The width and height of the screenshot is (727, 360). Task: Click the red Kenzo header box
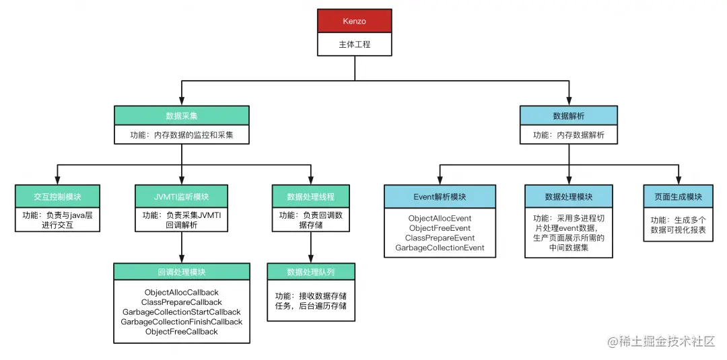(354, 21)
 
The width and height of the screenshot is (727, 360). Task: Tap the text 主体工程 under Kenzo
(354, 44)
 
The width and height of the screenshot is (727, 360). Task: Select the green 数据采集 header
(181, 116)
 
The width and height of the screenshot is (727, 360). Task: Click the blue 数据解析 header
(569, 116)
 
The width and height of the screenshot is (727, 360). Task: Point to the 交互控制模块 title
(57, 196)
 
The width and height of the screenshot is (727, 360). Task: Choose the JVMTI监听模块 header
(181, 196)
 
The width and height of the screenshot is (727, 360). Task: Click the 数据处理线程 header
(310, 196)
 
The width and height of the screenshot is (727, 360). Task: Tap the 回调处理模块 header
(181, 272)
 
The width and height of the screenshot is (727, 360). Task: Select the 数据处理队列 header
(310, 272)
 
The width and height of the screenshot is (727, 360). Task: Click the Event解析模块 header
(440, 196)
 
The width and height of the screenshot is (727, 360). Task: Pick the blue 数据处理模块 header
(569, 196)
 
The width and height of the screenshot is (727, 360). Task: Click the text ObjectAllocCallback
(181, 293)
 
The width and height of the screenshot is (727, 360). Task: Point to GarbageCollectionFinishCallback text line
(181, 322)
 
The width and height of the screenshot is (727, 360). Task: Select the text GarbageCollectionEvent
(440, 248)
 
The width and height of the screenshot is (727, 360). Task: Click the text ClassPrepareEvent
(440, 238)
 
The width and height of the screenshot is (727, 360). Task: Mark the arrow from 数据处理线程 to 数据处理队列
(310, 248)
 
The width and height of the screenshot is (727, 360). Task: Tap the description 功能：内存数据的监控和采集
(181, 135)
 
